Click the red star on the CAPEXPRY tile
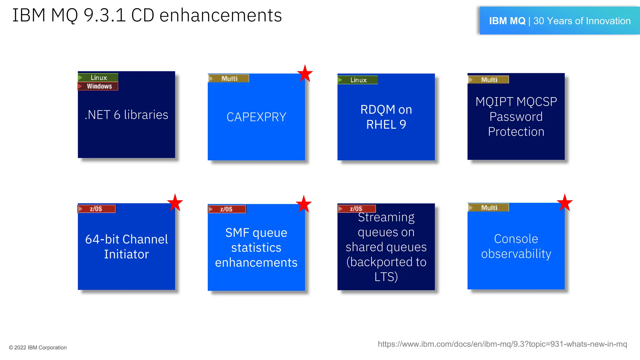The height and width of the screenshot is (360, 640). [305, 73]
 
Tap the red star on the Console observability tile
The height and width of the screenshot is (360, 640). [564, 202]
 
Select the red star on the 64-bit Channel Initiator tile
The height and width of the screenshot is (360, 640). [175, 202]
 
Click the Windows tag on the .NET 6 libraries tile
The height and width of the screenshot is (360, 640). [98, 86]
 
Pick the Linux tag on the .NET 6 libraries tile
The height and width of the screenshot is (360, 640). [98, 77]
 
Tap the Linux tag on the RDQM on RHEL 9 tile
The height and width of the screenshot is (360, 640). [358, 80]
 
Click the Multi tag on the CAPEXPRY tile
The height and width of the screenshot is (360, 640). [228, 78]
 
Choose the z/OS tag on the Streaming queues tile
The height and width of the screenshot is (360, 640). [357, 208]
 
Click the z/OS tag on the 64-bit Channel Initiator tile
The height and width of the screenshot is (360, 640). [97, 209]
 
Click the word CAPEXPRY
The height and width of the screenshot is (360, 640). [256, 117]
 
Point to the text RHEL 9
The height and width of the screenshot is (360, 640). [386, 125]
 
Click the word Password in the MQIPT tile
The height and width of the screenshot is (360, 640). [516, 117]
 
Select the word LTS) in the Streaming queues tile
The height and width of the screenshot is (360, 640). [386, 277]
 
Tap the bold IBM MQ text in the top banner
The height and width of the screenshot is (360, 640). [507, 21]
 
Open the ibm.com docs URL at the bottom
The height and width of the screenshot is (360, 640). [502, 344]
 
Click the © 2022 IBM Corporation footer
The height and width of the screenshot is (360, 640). [38, 347]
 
